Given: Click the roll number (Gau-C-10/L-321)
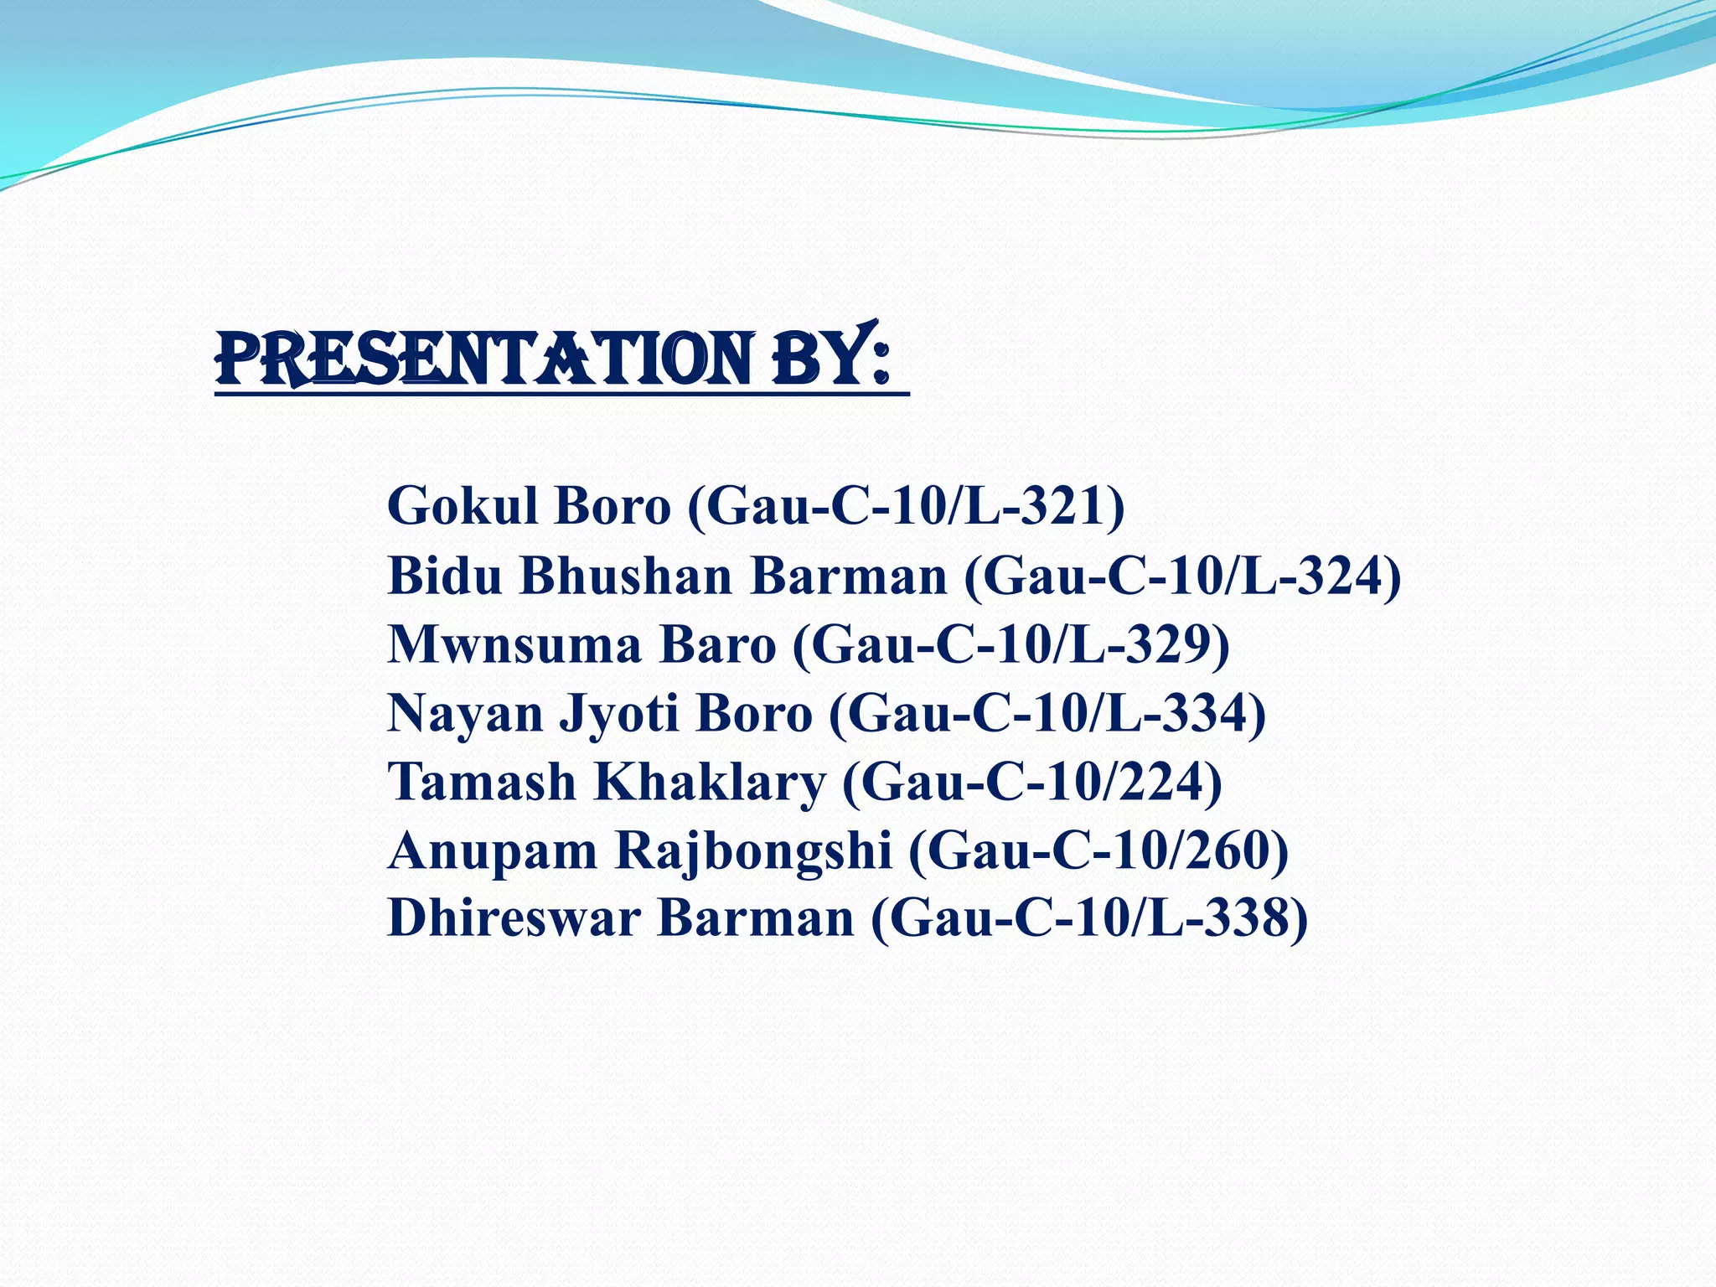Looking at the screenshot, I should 906,506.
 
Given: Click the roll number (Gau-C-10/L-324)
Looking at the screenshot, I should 1182,576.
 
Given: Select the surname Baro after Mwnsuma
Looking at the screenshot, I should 718,645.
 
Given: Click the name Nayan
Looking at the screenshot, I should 465,714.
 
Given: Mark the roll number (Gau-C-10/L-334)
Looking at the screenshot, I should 1047,714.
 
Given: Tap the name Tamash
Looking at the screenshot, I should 482,783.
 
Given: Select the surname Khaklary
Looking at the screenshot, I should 711,783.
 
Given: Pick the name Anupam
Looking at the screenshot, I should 493,851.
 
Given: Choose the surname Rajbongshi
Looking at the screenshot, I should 753,851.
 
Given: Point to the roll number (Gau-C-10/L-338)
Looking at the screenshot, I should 1089,919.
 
